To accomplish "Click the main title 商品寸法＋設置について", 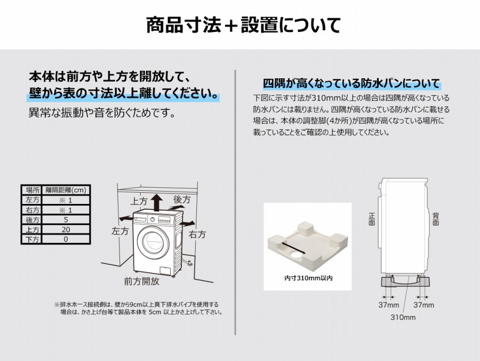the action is tap(243, 25).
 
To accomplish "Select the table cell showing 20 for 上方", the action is tap(66, 229).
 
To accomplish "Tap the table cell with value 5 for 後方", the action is tap(66, 220).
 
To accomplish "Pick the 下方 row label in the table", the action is tap(32, 240).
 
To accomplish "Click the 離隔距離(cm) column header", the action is tap(66, 190).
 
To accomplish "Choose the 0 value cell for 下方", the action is tap(66, 240).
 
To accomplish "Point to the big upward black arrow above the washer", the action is tap(157, 202).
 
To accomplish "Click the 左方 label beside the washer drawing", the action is tap(120, 231).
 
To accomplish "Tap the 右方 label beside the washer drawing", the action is tap(197, 234).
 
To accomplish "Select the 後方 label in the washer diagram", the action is tap(182, 200).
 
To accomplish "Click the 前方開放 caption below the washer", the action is tap(141, 281).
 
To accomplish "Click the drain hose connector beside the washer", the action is tap(187, 262).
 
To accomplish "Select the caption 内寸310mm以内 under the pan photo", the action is tap(308, 278).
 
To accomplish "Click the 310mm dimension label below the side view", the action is tap(403, 317).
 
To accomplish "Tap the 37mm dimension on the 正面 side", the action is tap(389, 305).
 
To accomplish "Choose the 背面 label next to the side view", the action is tap(436, 219).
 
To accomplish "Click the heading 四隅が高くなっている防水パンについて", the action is tap(351, 83).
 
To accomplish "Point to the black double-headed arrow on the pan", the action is tap(293, 248).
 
